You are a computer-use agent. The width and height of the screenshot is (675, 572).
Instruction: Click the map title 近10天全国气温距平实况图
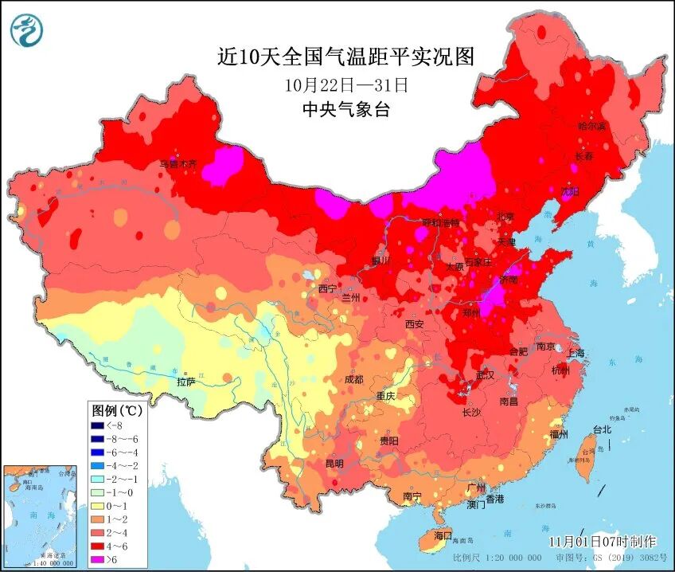pyautogui.click(x=346, y=57)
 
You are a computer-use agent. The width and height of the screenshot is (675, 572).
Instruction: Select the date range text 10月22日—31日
pyautogui.click(x=346, y=84)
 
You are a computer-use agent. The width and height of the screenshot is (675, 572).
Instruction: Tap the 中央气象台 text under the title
pyautogui.click(x=346, y=110)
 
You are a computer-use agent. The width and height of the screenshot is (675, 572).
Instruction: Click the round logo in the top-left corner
pyautogui.click(x=27, y=29)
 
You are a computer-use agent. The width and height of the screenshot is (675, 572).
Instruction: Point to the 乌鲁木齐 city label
pyautogui.click(x=178, y=164)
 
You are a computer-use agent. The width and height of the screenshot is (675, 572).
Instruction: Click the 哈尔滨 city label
pyautogui.click(x=591, y=126)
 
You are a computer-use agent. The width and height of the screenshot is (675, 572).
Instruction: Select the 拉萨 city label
pyautogui.click(x=186, y=382)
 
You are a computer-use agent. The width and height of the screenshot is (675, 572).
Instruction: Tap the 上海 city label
pyautogui.click(x=575, y=354)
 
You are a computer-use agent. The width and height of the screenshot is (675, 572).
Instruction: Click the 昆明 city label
pyautogui.click(x=334, y=463)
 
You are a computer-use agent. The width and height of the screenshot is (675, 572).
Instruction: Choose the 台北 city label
pyautogui.click(x=600, y=429)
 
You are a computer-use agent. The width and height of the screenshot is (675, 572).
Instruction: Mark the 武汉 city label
pyautogui.click(x=483, y=374)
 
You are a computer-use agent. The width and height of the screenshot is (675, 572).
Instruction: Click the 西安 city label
pyautogui.click(x=414, y=324)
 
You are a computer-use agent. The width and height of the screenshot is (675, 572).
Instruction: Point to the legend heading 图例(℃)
pyautogui.click(x=116, y=411)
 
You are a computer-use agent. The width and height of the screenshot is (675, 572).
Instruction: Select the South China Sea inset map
pyautogui.click(x=42, y=515)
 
